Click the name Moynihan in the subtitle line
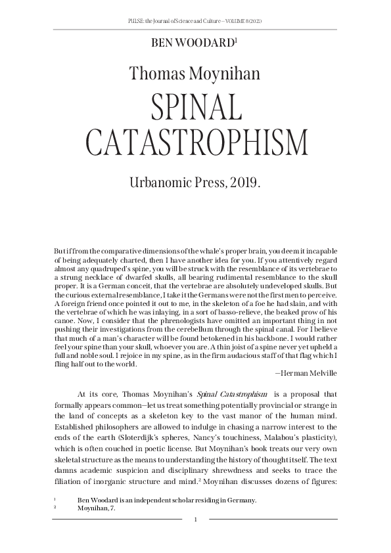(x=227, y=73)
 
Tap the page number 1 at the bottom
(x=196, y=520)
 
